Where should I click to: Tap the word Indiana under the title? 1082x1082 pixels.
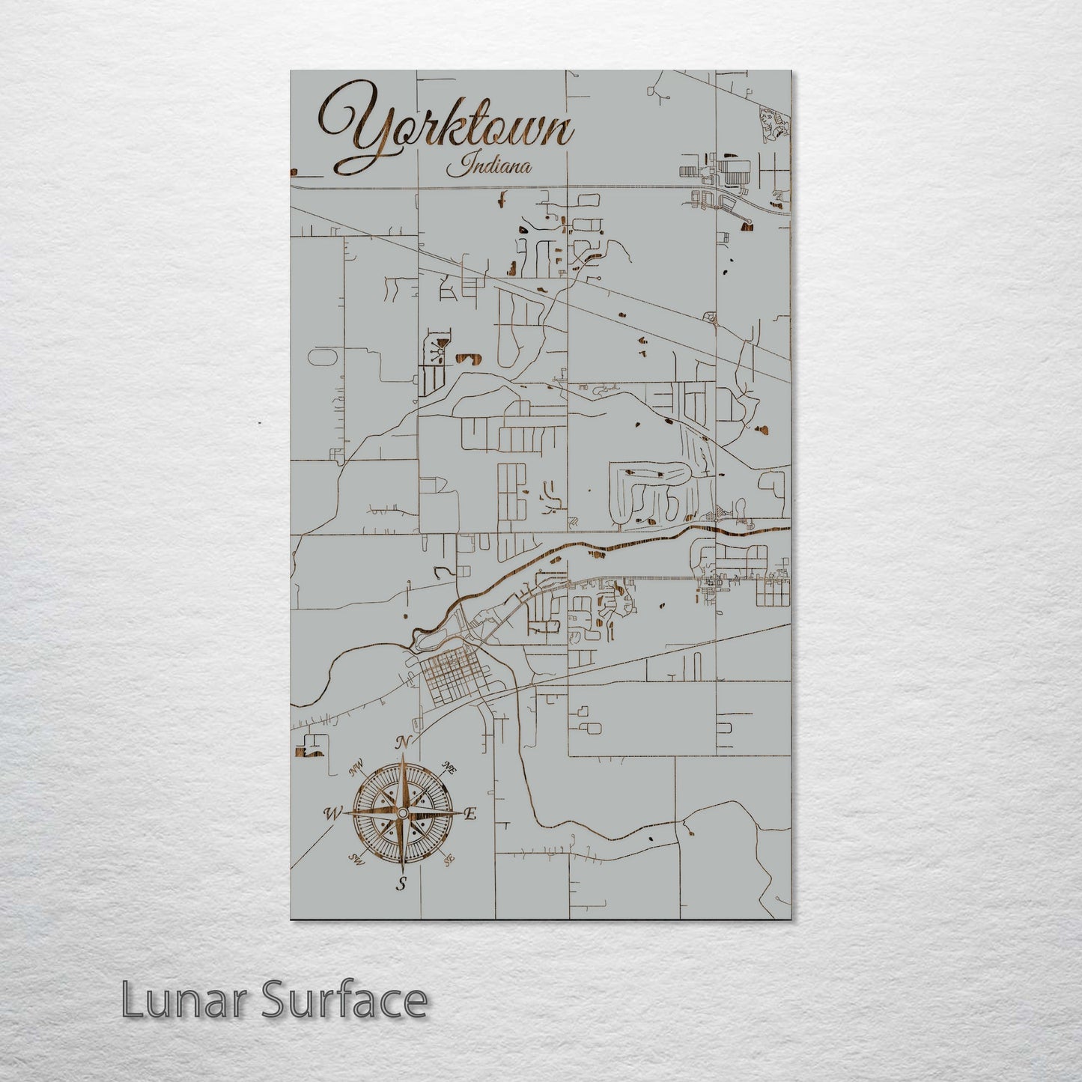pos(490,165)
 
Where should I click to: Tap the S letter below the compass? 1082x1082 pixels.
pos(402,884)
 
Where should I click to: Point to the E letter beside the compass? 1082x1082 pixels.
pos(471,815)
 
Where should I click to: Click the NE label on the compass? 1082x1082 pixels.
pos(449,768)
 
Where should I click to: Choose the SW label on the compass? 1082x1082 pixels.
pos(356,860)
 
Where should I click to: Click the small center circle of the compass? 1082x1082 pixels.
pos(402,813)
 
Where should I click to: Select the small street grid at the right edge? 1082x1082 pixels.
pos(773,592)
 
